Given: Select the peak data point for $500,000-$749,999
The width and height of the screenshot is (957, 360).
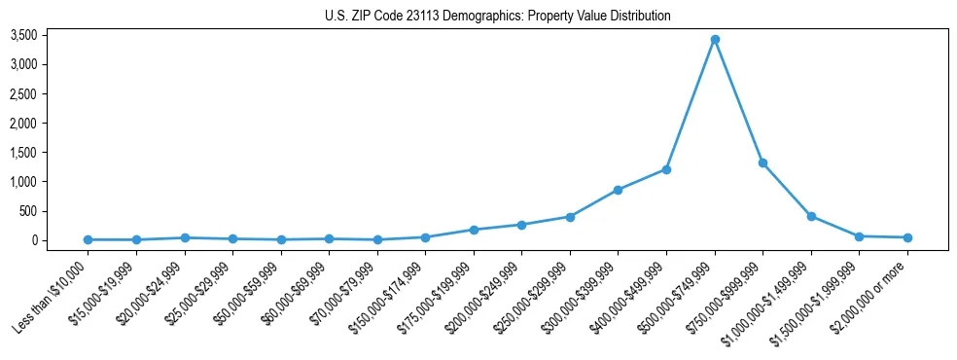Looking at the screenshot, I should coord(715,40).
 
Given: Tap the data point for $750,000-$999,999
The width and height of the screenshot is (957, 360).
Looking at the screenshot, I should coord(763,162).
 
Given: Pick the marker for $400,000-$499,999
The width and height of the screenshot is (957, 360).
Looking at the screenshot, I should coord(666,169).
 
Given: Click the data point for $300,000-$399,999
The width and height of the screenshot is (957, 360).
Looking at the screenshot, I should coord(619,190).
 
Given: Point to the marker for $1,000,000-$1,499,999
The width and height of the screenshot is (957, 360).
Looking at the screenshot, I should coord(811,216).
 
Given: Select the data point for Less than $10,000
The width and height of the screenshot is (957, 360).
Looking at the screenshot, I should coord(89,239).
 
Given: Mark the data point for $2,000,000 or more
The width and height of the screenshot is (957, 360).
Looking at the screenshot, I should coord(907,237).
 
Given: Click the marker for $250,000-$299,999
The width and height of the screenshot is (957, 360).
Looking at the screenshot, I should coord(570,217).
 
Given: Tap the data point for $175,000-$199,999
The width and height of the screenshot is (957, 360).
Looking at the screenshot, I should coord(474,230).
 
